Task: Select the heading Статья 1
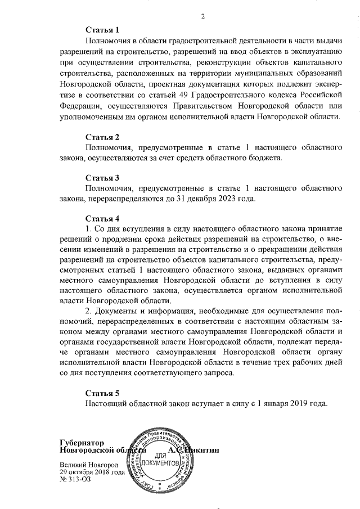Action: tap(102, 29)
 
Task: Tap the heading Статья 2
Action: tap(102, 137)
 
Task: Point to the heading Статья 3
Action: tap(102, 178)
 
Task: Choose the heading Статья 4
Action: tap(102, 218)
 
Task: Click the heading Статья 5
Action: tap(102, 393)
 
